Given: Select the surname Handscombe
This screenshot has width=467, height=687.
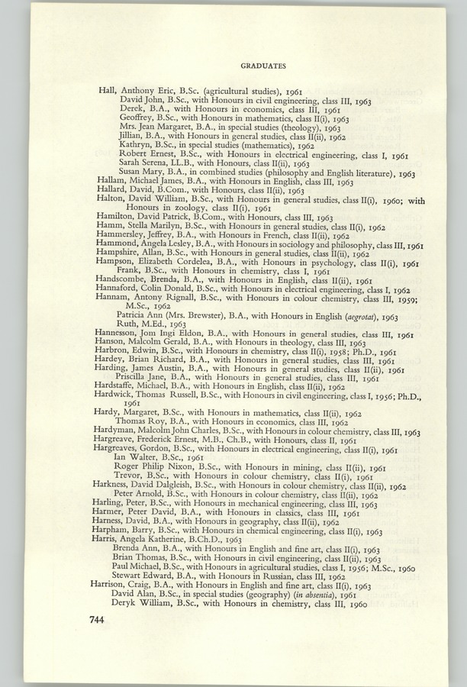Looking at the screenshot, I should tap(121, 280).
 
